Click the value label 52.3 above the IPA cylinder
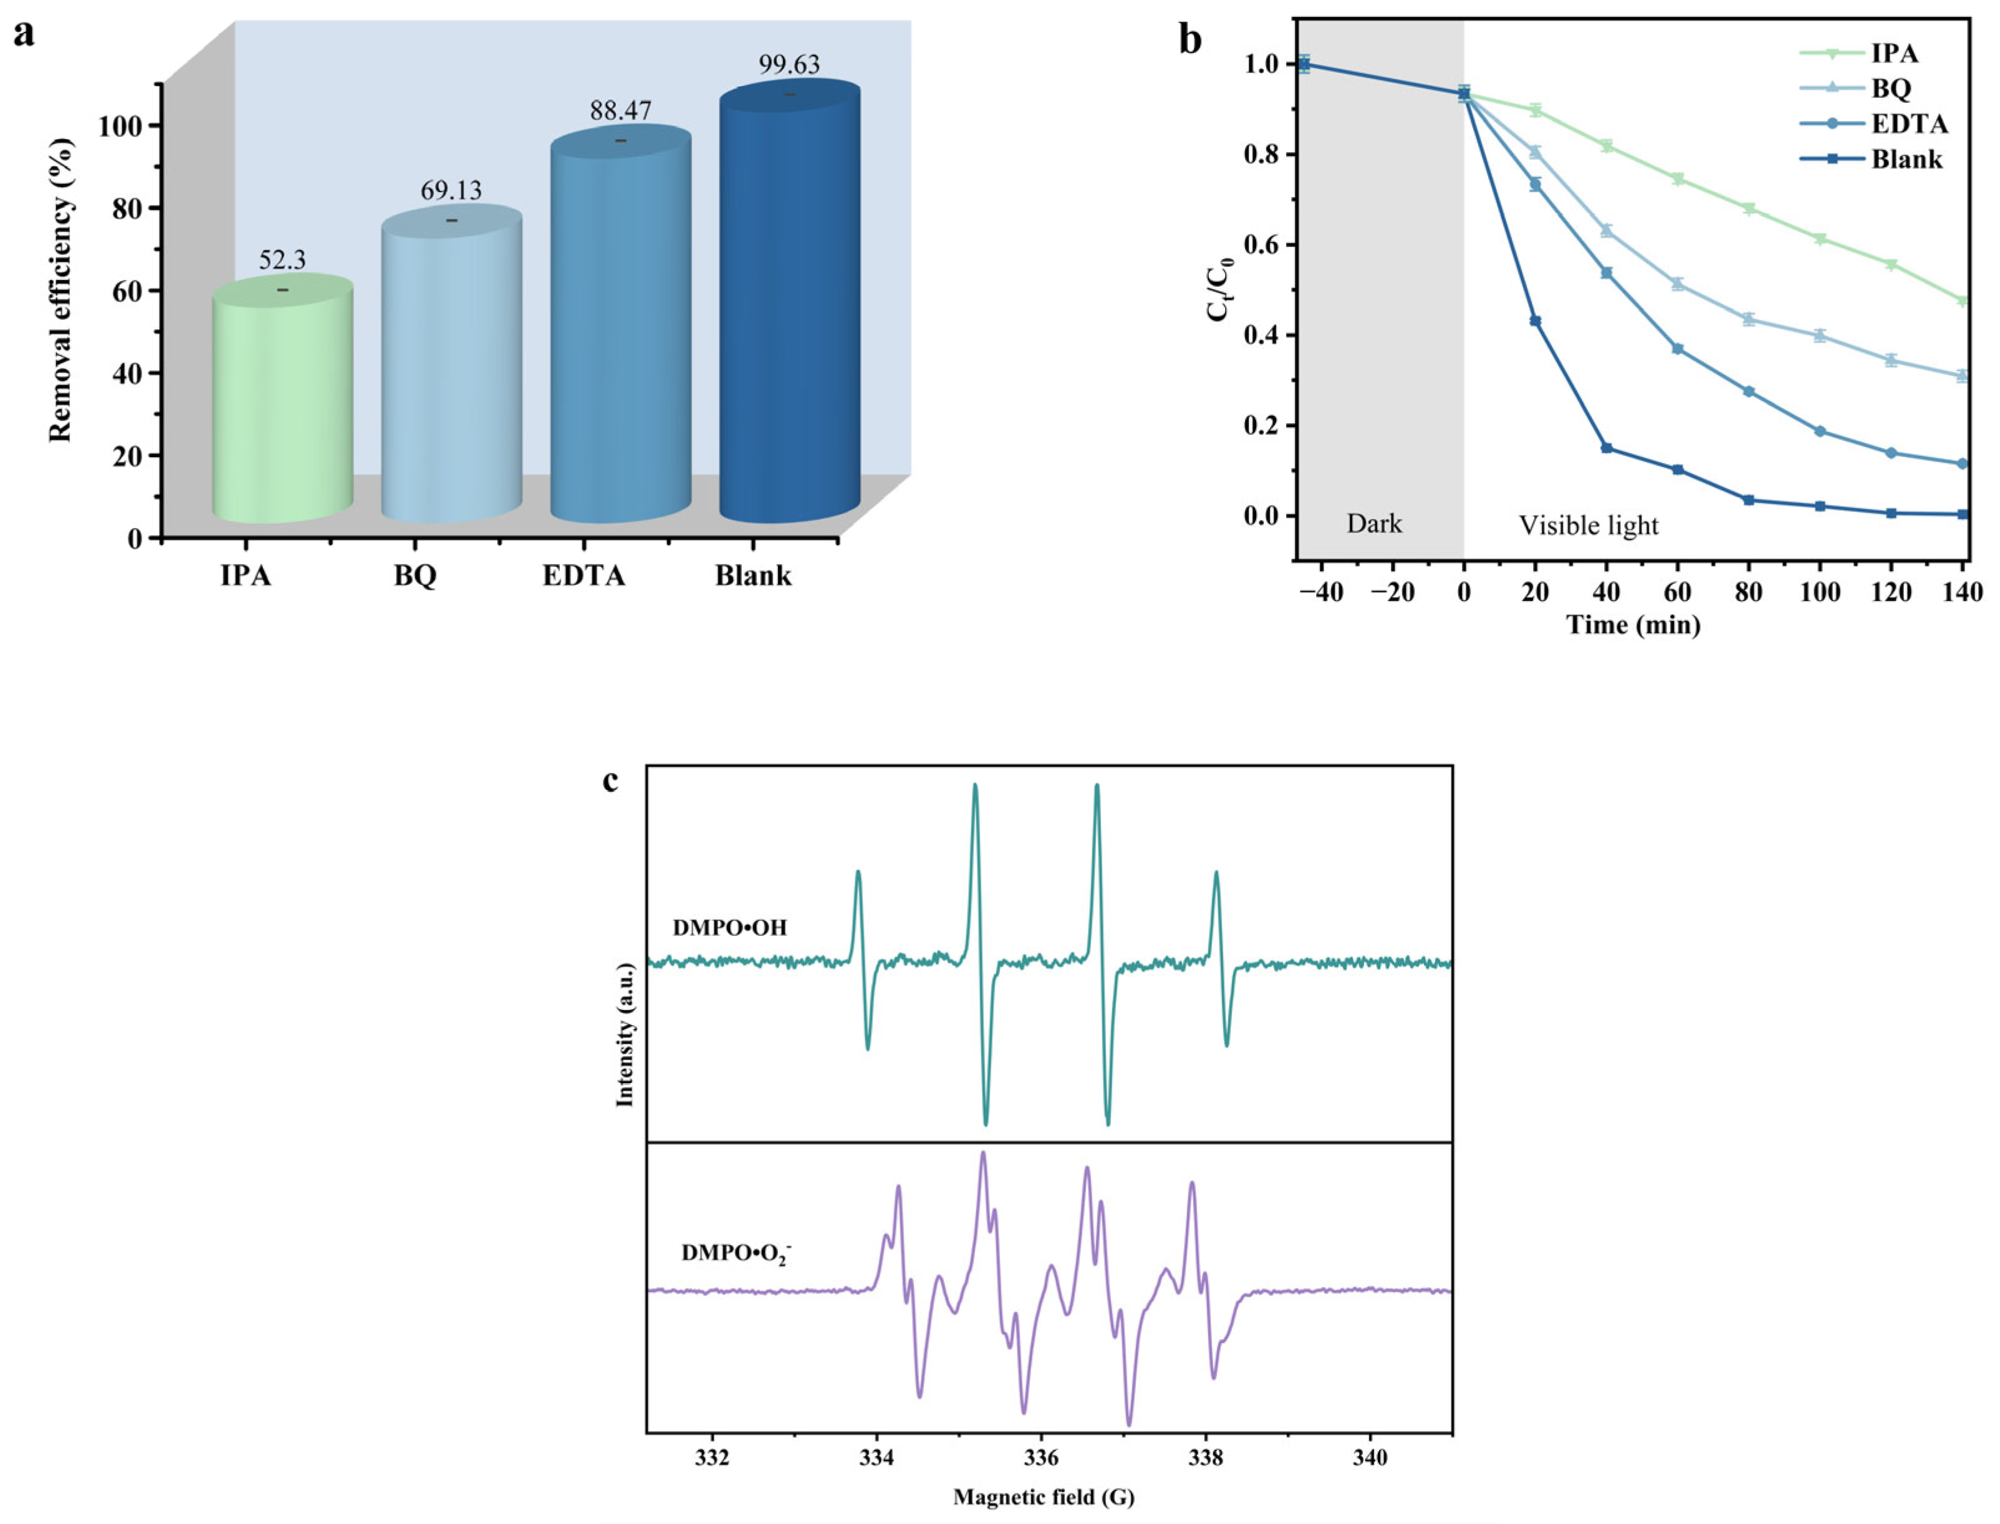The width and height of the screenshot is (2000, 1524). (282, 261)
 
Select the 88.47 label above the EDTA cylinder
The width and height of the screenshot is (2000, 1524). (620, 110)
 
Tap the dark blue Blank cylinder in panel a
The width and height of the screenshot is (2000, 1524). (789, 309)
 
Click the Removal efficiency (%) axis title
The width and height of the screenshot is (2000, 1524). (60, 291)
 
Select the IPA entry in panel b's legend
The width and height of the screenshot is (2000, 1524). (1895, 54)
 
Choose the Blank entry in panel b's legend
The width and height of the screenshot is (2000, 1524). (1906, 160)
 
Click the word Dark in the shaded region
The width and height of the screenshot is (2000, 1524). (1374, 523)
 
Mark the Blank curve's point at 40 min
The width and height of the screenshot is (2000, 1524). (1607, 448)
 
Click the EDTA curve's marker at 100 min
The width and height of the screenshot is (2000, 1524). (1819, 431)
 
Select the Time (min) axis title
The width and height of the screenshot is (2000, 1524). (1633, 625)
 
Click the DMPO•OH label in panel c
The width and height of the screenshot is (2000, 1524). (729, 928)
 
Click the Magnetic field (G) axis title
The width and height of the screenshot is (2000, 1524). (1043, 1497)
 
